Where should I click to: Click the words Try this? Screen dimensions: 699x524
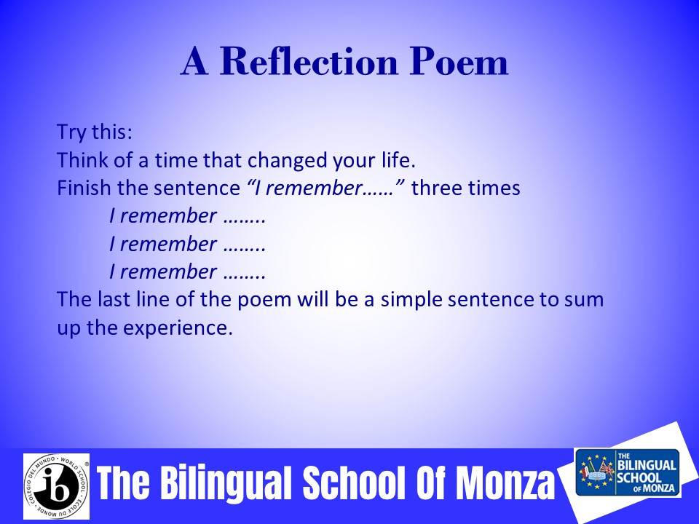pyautogui.click(x=95, y=132)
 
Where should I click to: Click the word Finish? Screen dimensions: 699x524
pyautogui.click(x=84, y=188)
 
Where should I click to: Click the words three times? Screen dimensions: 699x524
pyautogui.click(x=466, y=188)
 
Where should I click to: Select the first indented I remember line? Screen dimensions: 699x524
pyautogui.click(x=188, y=215)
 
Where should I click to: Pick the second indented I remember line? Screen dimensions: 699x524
pyautogui.click(x=188, y=244)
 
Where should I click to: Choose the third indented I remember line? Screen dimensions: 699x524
pyautogui.click(x=188, y=271)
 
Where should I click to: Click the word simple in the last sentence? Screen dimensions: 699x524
pyautogui.click(x=411, y=300)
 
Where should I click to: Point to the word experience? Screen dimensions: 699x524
pyautogui.click(x=178, y=328)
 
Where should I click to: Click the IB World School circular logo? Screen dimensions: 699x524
pyautogui.click(x=57, y=487)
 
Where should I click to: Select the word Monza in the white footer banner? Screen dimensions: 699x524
pyautogui.click(x=505, y=483)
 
